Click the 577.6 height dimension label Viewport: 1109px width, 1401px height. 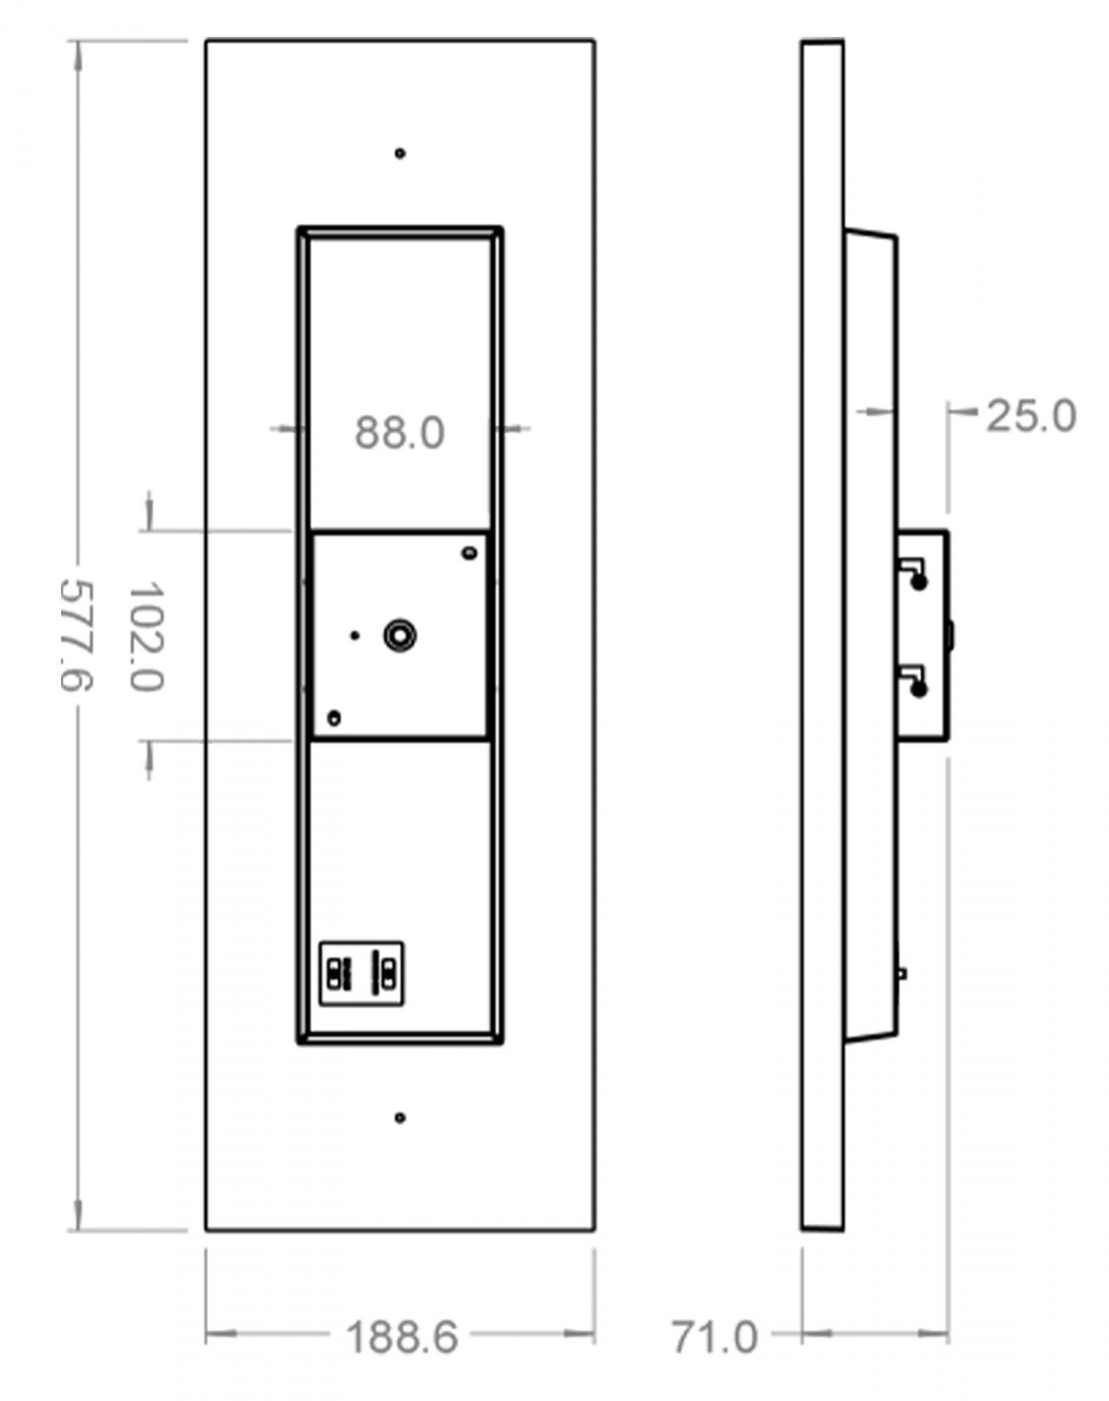[x=75, y=635]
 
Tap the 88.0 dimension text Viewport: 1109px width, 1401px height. [x=400, y=432]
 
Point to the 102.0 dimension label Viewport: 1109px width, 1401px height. [x=145, y=636]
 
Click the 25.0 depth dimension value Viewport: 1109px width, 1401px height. [x=1031, y=416]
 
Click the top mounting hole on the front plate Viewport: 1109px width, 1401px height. [x=400, y=153]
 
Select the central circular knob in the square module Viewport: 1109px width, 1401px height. [x=400, y=635]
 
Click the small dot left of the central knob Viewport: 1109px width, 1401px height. [x=355, y=635]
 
